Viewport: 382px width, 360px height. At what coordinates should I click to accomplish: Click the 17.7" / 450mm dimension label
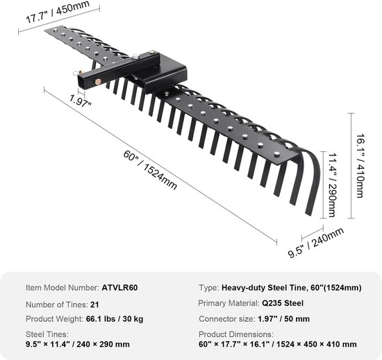[x=58, y=12]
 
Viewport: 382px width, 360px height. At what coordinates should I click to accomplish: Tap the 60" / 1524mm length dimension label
[x=150, y=169]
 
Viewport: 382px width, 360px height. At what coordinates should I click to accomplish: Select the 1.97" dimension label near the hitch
[x=80, y=100]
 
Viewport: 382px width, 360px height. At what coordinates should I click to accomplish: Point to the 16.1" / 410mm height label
[x=360, y=166]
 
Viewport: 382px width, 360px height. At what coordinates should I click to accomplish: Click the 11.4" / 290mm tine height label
[x=332, y=185]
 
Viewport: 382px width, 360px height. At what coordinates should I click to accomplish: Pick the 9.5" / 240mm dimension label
[x=316, y=242]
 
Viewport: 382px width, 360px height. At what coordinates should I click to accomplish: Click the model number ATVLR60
[x=119, y=287]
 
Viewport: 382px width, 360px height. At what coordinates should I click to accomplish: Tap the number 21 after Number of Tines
[x=94, y=305]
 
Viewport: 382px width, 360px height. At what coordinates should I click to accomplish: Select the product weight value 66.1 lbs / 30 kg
[x=115, y=319]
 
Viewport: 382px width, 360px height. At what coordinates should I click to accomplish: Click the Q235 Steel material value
[x=283, y=303]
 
